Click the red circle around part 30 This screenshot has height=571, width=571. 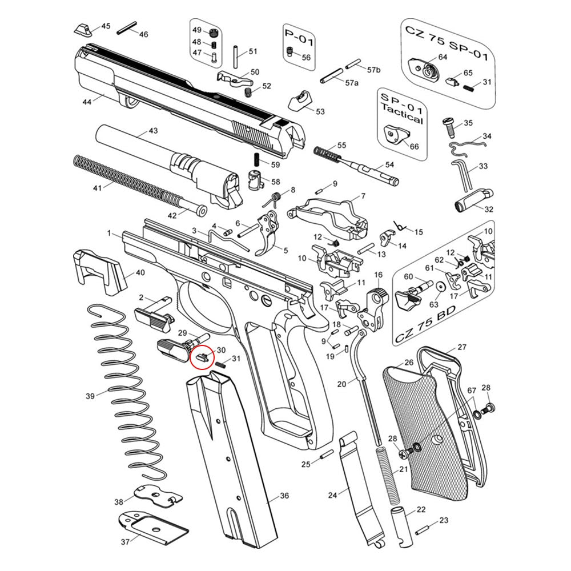point(200,358)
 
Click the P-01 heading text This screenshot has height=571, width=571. point(299,36)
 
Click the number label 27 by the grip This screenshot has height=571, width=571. point(461,347)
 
